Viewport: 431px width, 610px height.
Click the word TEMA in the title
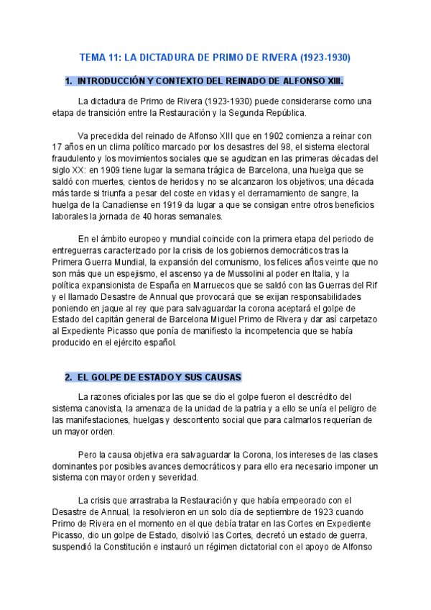92,56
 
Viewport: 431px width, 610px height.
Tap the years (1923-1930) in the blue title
325,56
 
